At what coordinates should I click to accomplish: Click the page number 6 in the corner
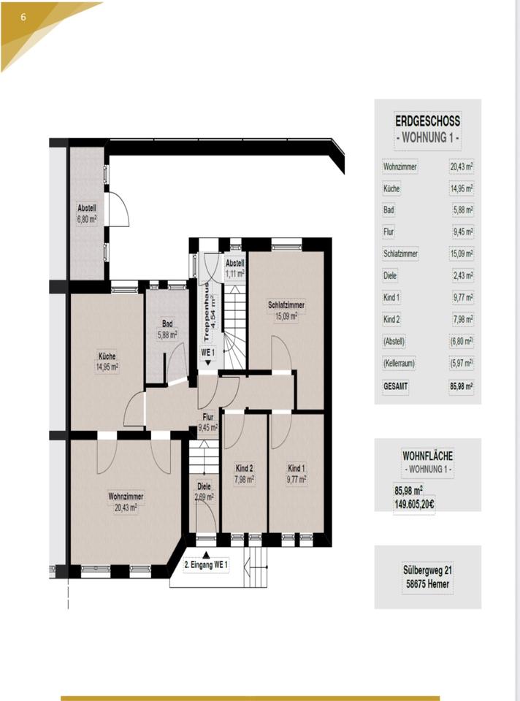tap(23, 16)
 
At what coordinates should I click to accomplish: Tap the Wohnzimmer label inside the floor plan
tap(126, 497)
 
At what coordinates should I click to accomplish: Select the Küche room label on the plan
tap(107, 356)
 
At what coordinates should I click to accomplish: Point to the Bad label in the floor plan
tap(167, 323)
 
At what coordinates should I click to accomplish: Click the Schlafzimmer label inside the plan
tap(286, 305)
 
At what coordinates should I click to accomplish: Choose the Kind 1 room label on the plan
tap(296, 468)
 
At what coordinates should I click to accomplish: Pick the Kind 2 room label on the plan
tap(244, 468)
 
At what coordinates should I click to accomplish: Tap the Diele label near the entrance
tap(204, 487)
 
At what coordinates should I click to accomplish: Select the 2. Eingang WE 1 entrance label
tap(206, 565)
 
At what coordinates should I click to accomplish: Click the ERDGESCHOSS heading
tap(427, 122)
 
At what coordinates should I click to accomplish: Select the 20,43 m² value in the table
tap(462, 166)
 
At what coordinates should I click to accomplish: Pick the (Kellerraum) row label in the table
tap(398, 363)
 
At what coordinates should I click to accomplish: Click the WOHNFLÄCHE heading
tap(427, 456)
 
